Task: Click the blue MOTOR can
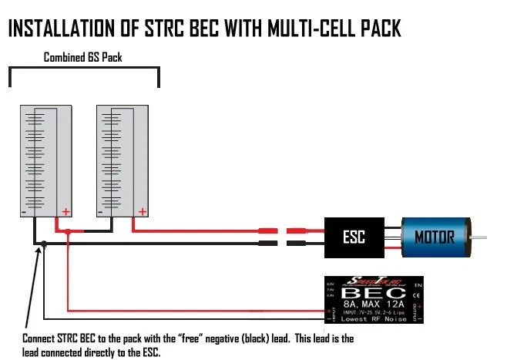click(x=435, y=236)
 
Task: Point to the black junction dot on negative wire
click(x=45, y=244)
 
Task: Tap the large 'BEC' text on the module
click(x=370, y=294)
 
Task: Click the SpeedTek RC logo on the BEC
click(x=371, y=281)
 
